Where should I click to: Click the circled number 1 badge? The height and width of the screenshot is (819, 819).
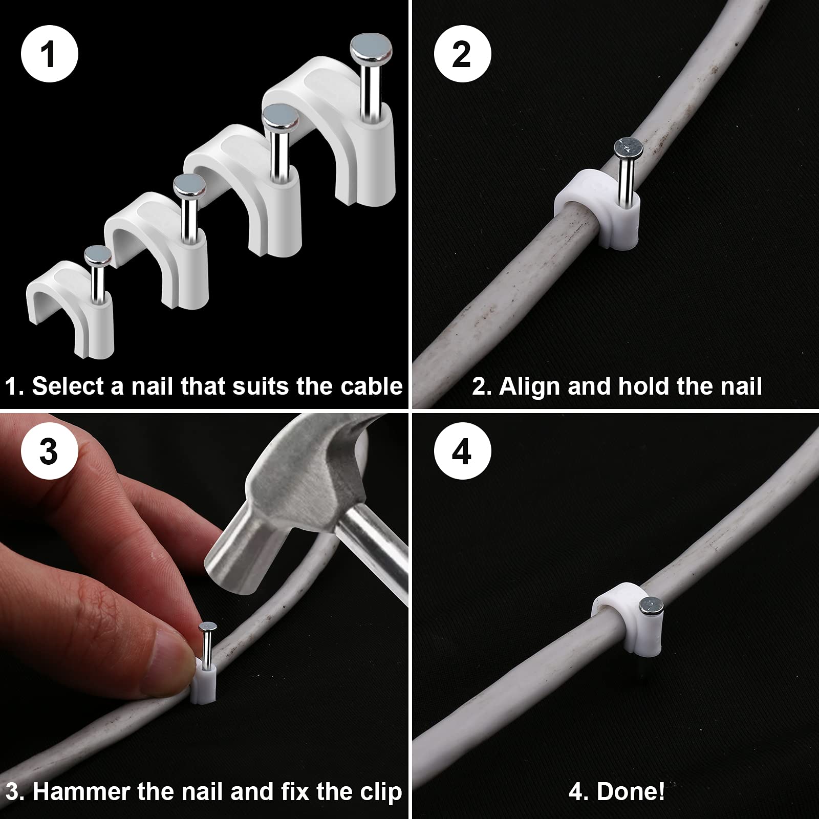coord(49,53)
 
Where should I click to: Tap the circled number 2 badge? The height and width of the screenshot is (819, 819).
coord(462,53)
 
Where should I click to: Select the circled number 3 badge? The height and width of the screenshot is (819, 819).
coord(49,451)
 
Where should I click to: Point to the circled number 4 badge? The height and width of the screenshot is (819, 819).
coord(462,451)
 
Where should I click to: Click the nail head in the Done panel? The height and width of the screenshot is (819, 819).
coord(651,608)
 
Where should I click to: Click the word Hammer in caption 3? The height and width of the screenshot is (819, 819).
coord(80,792)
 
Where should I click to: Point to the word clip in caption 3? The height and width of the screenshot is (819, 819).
coord(381,792)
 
